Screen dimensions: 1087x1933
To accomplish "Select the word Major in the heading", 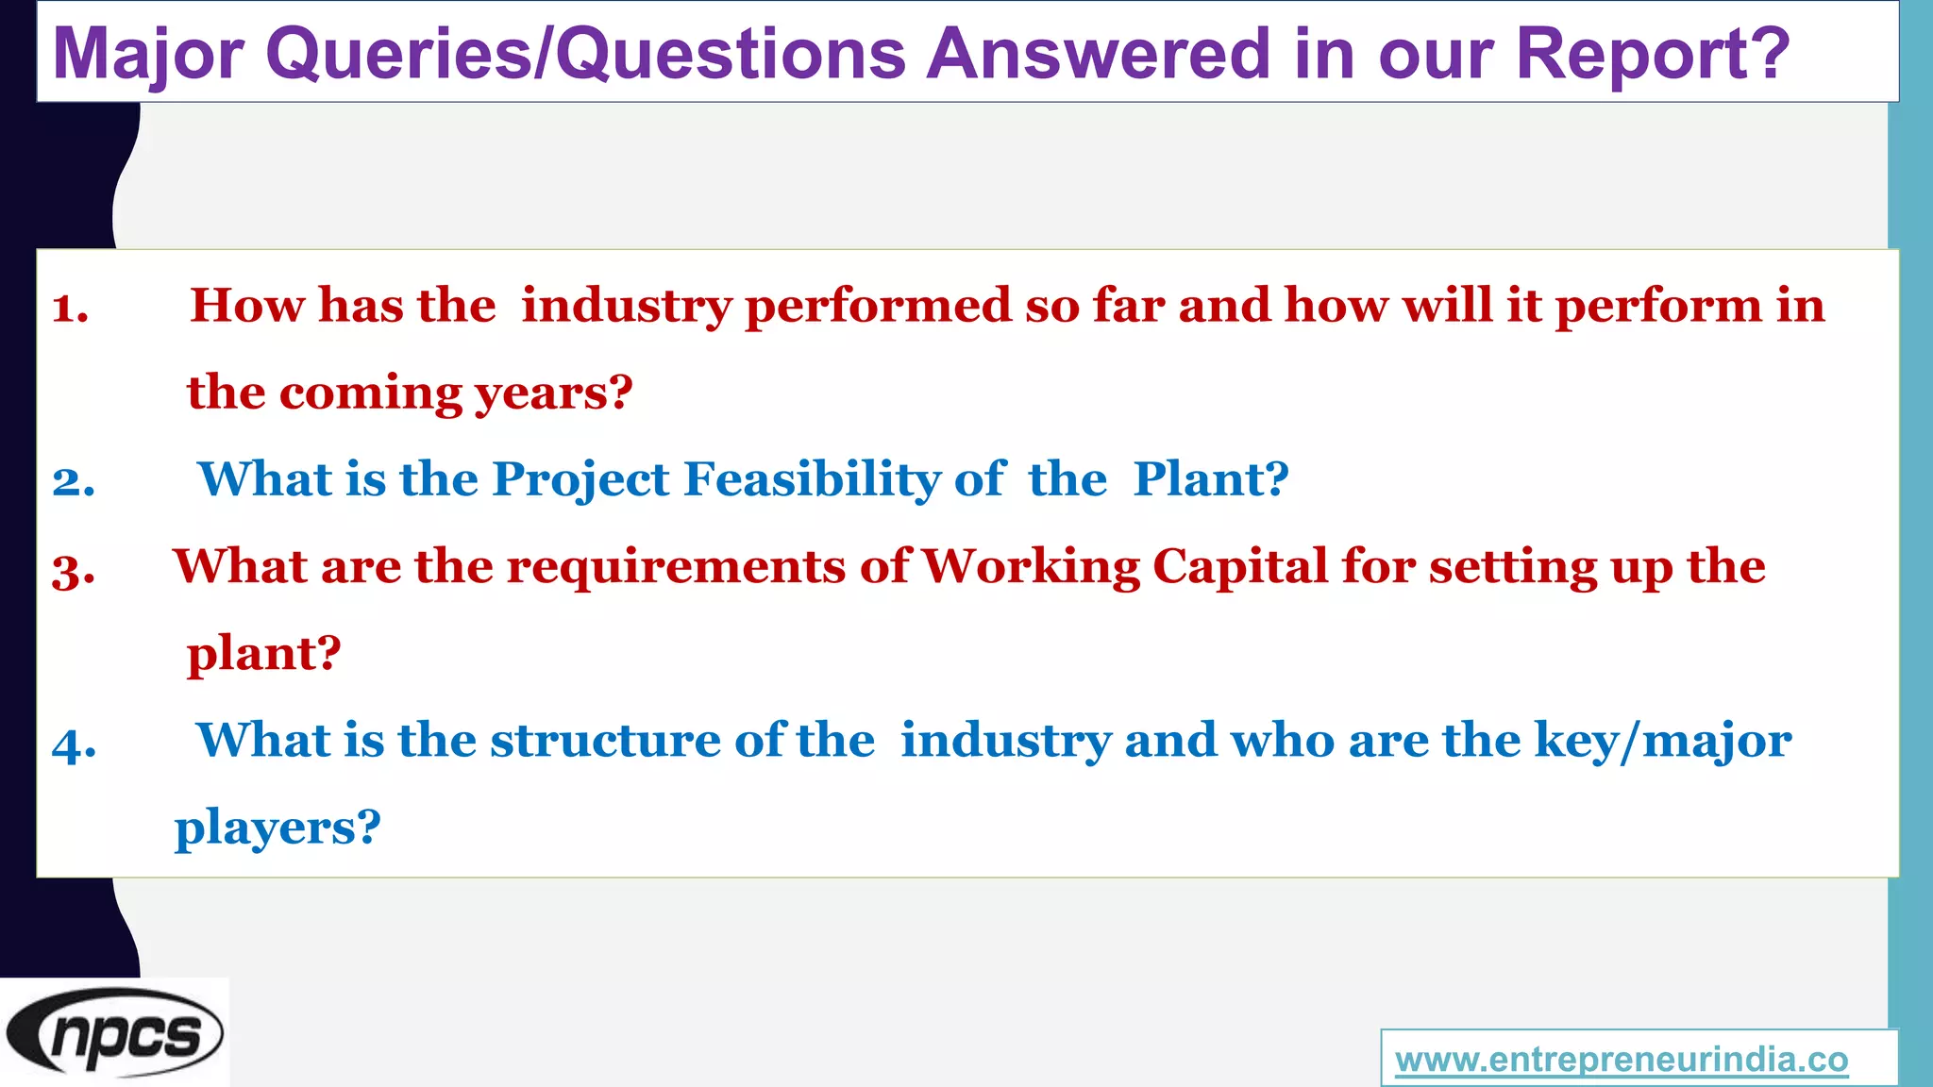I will click(x=149, y=55).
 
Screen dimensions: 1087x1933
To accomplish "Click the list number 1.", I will click(x=70, y=308).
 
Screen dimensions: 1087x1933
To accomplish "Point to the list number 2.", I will click(x=73, y=481).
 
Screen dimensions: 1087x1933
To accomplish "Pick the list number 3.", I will click(x=73, y=570).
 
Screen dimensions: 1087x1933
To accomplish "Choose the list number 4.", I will click(x=74, y=744).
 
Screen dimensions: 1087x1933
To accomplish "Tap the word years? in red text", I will click(x=553, y=393).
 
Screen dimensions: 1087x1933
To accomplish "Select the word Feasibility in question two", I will click(x=812, y=479).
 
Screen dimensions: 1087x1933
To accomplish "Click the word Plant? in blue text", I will click(x=1211, y=479).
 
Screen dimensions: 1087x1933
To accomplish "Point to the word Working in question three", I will click(x=1031, y=568).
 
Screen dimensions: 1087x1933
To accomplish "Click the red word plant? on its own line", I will click(x=264, y=655).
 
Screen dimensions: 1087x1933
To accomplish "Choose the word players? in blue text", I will click(x=277, y=828).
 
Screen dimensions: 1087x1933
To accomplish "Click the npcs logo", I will click(x=114, y=1033).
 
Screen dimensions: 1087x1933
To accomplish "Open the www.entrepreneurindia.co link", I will click(x=1622, y=1060).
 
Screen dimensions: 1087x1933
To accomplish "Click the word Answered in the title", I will click(x=1099, y=55).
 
